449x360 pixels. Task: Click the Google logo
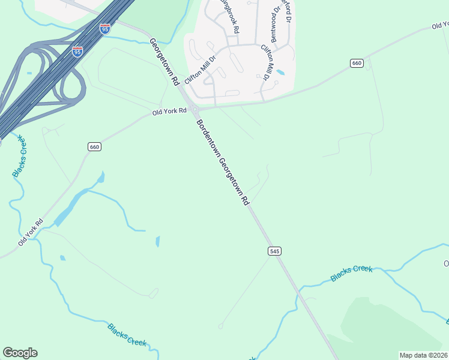pyautogui.click(x=20, y=353)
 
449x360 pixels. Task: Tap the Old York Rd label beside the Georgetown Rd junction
pyautogui.click(x=166, y=112)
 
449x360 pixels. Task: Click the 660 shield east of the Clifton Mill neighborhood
pyautogui.click(x=357, y=64)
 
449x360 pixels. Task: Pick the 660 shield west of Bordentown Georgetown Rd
pyautogui.click(x=94, y=147)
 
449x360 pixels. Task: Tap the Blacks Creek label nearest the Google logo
pyautogui.click(x=127, y=334)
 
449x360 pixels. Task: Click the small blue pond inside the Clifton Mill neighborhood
pyautogui.click(x=280, y=72)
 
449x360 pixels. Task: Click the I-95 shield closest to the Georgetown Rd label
pyautogui.click(x=104, y=29)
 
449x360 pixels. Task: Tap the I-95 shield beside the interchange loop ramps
pyautogui.click(x=77, y=52)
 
